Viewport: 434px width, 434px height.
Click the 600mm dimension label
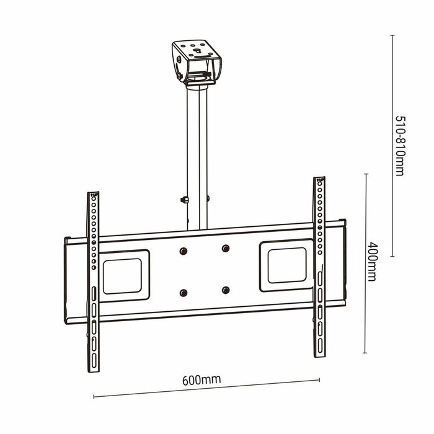pyautogui.click(x=202, y=379)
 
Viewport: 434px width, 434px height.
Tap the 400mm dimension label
pyautogui.click(x=371, y=261)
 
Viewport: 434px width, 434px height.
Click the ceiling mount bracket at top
pyautogui.click(x=197, y=62)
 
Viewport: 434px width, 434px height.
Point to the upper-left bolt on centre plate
pyautogui.click(x=183, y=250)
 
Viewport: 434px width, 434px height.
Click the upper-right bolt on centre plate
pyautogui.click(x=225, y=248)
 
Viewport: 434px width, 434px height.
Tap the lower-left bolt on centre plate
pyautogui.click(x=183, y=293)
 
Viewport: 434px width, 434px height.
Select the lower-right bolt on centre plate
pyautogui.click(x=225, y=290)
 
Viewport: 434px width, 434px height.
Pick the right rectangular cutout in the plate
pyautogui.click(x=286, y=265)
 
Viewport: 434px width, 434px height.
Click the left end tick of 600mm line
pyautogui.click(x=94, y=397)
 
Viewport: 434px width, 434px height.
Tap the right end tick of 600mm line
pyautogui.click(x=320, y=380)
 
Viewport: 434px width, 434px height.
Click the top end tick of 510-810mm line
pyautogui.click(x=392, y=35)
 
